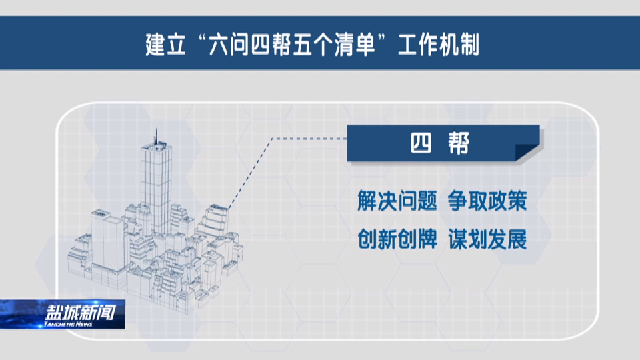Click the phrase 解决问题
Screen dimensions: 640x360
(397, 201)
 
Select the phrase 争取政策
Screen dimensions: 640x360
(487, 201)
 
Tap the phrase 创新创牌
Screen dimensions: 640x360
(397, 239)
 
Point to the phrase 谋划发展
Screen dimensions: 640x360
(487, 239)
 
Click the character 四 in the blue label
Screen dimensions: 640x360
(421, 143)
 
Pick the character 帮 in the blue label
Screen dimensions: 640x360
(459, 143)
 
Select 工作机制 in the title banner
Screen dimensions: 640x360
(439, 45)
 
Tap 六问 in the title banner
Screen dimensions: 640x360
(229, 45)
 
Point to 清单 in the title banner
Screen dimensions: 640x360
(355, 45)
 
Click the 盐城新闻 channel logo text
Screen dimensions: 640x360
(81, 313)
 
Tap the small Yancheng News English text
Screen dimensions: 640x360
(68, 324)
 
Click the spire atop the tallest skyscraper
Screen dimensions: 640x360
(155, 135)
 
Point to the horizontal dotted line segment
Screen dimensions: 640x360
(309, 139)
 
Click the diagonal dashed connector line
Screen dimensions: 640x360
(250, 173)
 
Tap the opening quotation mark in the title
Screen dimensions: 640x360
(201, 39)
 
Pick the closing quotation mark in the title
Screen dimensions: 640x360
(383, 39)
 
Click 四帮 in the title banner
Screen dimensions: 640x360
(271, 45)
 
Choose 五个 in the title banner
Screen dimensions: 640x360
(313, 45)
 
